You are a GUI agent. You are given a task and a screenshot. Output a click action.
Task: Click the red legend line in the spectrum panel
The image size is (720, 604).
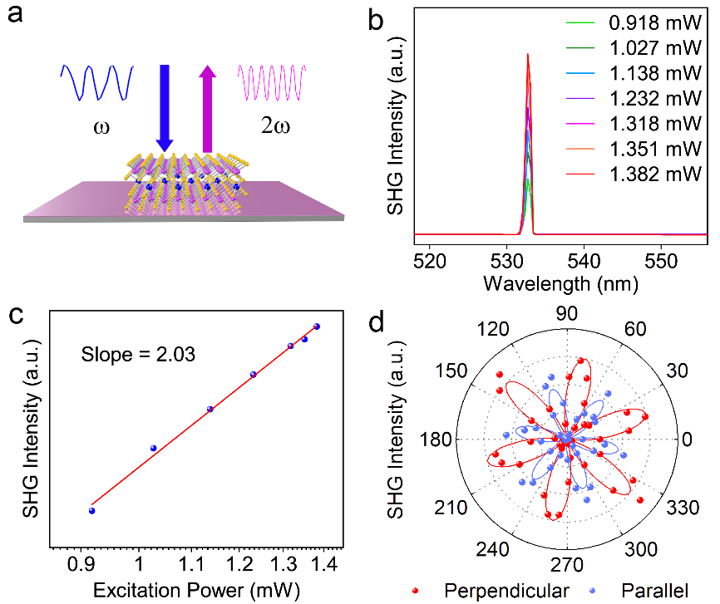pyautogui.click(x=579, y=174)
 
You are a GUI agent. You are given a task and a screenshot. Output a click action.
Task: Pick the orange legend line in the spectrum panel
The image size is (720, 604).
pyautogui.click(x=579, y=150)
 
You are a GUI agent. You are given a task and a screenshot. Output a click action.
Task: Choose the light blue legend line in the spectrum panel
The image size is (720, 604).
pyautogui.click(x=579, y=73)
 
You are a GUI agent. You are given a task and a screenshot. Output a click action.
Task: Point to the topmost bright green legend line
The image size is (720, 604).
pyautogui.click(x=579, y=22)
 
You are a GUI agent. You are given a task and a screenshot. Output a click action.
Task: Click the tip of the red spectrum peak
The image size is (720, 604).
pyautogui.click(x=528, y=55)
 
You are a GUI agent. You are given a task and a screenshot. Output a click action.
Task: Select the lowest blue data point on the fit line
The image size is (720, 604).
pyautogui.click(x=91, y=510)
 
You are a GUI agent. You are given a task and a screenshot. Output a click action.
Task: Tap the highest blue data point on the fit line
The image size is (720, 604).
pyautogui.click(x=317, y=327)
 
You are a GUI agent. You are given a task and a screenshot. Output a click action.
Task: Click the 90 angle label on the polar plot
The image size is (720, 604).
pyautogui.click(x=569, y=314)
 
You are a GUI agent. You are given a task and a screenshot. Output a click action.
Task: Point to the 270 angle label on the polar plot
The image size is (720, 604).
pyautogui.click(x=569, y=566)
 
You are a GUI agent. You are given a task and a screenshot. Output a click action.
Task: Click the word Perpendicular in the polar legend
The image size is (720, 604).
pyautogui.click(x=506, y=591)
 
